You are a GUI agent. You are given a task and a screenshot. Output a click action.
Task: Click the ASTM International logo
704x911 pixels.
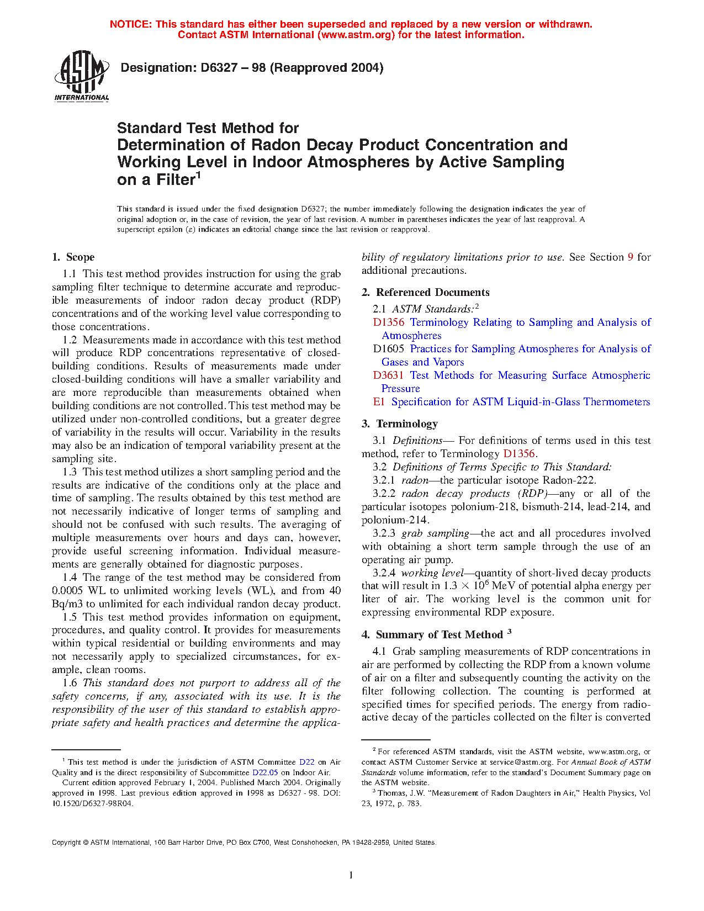point(82,76)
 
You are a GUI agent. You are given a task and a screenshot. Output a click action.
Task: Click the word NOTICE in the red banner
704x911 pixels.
point(130,24)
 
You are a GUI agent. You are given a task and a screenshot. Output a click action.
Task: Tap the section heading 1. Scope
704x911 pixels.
point(73,257)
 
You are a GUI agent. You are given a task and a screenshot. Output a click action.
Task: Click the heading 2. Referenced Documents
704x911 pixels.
point(425,293)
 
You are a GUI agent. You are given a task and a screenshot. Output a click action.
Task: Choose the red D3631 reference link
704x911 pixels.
point(388,375)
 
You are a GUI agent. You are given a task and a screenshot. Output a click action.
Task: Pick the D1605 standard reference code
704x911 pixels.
point(388,349)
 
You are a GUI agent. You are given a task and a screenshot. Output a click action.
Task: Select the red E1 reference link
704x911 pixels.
point(379,402)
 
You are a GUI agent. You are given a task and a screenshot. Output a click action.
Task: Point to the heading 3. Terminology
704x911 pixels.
point(400,424)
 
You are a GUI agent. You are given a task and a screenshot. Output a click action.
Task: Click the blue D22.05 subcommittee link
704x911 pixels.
point(265,772)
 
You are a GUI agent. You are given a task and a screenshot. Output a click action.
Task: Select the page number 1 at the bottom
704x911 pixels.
point(351,875)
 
